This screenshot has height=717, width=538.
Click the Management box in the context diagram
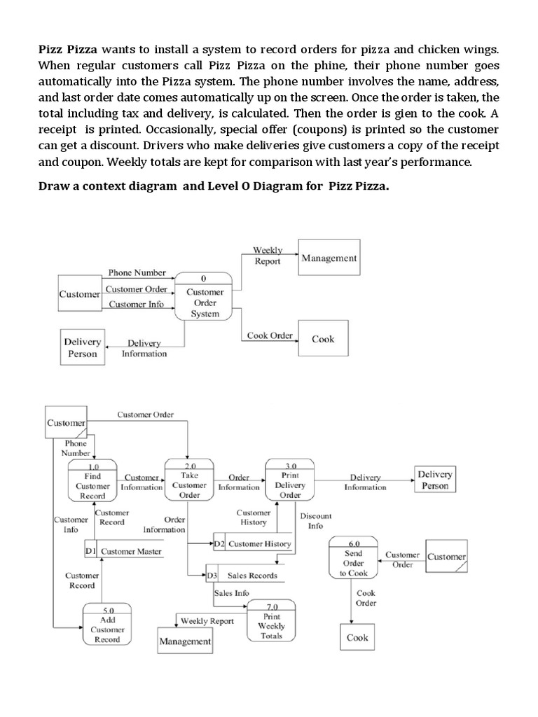(x=329, y=258)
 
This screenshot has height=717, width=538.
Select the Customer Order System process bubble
(x=205, y=298)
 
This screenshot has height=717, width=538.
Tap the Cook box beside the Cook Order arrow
(x=323, y=340)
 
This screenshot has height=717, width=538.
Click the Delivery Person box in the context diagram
(x=82, y=347)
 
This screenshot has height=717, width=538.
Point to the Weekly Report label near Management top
(x=268, y=256)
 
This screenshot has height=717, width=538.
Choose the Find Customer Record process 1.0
(x=92, y=482)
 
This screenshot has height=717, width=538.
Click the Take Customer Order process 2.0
(x=189, y=481)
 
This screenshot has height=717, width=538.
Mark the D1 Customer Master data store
(x=124, y=551)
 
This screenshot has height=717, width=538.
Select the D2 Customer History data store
(x=253, y=543)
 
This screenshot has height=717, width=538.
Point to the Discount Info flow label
(x=315, y=521)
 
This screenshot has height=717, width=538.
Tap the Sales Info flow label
(x=231, y=592)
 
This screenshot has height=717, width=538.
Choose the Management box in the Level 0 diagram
(x=185, y=641)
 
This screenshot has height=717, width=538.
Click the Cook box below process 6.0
(x=357, y=638)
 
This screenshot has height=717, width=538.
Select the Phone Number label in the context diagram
(x=137, y=272)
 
